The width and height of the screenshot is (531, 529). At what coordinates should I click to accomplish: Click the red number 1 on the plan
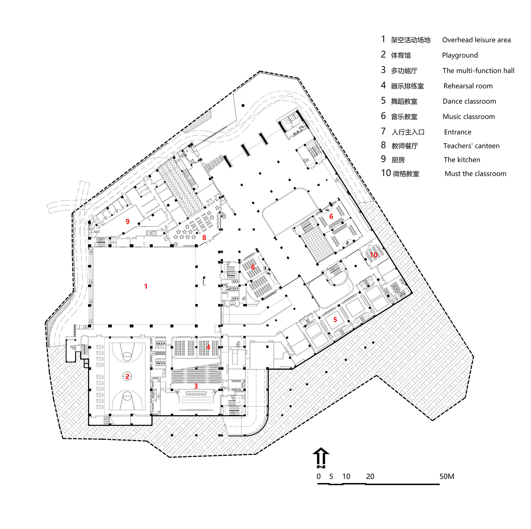click(x=146, y=286)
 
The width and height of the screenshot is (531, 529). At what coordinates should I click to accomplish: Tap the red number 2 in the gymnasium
click(x=127, y=377)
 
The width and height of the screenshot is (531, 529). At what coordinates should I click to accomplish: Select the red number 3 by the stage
click(x=196, y=386)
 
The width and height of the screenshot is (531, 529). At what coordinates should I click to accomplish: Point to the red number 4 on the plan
click(x=208, y=347)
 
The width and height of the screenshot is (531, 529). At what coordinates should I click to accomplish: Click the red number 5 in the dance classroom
click(x=335, y=320)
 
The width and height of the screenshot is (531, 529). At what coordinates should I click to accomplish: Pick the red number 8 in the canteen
click(x=204, y=238)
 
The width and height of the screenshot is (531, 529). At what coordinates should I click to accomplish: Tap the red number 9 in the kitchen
click(x=127, y=222)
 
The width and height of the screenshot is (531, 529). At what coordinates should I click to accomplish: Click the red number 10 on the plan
click(x=374, y=255)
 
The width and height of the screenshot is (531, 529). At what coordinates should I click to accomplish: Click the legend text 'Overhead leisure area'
click(x=476, y=40)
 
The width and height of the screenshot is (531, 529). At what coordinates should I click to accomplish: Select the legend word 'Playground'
click(x=460, y=55)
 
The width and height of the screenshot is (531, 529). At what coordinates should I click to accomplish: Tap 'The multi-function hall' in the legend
click(x=478, y=71)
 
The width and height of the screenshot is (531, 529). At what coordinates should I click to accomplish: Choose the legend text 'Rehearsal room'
click(x=468, y=86)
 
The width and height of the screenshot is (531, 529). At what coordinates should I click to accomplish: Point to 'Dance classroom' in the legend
click(x=469, y=101)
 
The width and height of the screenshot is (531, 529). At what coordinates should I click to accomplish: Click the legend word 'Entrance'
click(x=458, y=132)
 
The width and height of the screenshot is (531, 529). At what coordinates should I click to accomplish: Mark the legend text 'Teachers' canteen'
click(x=471, y=146)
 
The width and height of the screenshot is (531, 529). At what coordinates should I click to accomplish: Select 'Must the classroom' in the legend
click(x=475, y=174)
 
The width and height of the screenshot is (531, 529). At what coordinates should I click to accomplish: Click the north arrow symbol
click(x=321, y=457)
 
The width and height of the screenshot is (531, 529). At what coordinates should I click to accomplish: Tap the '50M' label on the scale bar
click(x=447, y=477)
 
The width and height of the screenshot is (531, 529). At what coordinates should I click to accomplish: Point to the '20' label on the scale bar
click(x=370, y=477)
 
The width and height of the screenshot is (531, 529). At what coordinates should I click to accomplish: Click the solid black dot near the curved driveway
click(x=243, y=106)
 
